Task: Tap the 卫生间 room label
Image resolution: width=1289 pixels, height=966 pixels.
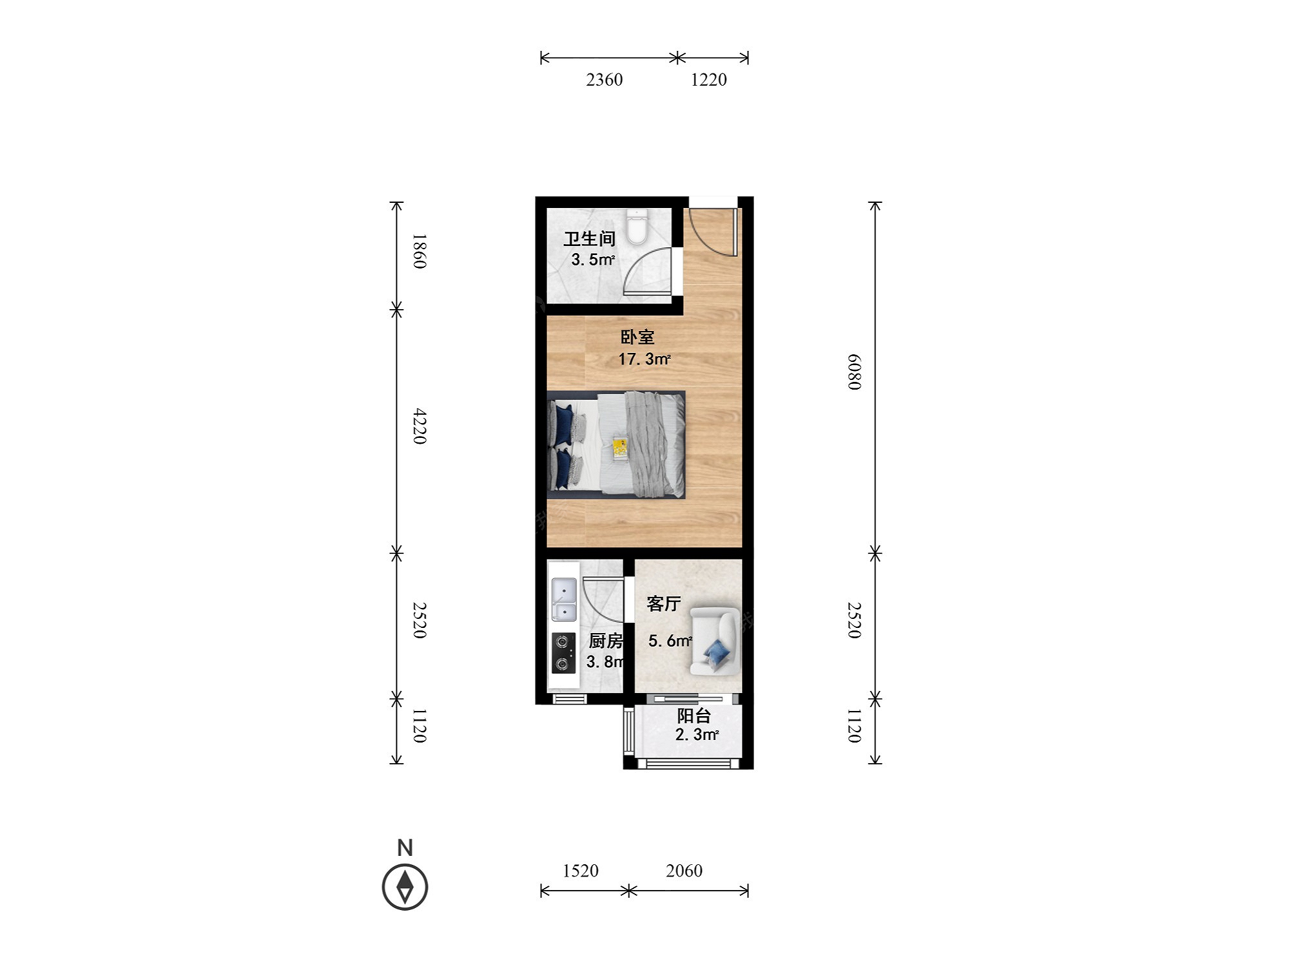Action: point(590,239)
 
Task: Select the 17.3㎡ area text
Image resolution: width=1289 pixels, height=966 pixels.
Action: point(644,359)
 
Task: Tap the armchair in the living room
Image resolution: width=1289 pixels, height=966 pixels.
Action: point(713,641)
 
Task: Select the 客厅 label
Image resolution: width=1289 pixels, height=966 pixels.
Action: point(664,603)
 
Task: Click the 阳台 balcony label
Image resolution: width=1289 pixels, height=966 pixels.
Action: point(693,715)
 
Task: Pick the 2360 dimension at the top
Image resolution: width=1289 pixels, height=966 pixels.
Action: point(605,79)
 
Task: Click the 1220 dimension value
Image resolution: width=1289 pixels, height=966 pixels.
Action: point(709,79)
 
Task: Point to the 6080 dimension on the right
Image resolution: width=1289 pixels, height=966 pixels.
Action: point(854,372)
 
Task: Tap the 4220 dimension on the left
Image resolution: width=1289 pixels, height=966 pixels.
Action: point(420,426)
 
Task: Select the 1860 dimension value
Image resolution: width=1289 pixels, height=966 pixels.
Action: point(420,251)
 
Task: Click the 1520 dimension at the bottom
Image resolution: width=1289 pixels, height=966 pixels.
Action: point(581,871)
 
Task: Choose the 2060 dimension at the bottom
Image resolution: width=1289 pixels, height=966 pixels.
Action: point(684,871)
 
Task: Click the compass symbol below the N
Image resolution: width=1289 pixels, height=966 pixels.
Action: point(405,887)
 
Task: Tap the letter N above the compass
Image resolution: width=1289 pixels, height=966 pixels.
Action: point(405,848)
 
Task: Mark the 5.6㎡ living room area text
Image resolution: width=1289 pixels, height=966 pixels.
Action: point(670,641)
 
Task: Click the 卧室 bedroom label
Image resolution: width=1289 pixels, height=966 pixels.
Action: point(637,337)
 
